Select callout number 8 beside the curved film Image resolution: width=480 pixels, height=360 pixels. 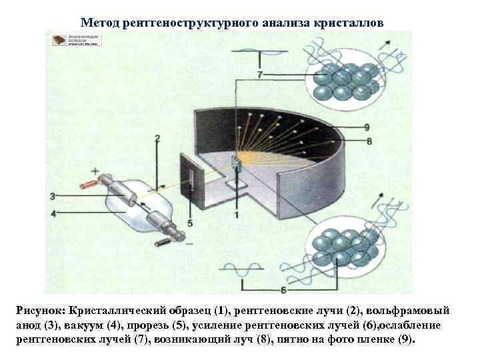click(369, 141)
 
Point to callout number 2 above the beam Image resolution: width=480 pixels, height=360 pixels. click(157, 139)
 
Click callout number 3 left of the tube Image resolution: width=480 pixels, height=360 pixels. click(53, 196)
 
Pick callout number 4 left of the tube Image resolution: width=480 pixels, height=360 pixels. click(53, 213)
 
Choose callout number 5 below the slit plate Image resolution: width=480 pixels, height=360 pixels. click(190, 223)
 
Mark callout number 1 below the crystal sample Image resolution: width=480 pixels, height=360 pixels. click(236, 214)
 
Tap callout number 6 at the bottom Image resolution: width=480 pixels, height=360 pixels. click(283, 289)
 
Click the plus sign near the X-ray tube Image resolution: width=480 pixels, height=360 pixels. click(95, 171)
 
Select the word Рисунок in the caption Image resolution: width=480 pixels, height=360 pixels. click(43, 311)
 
